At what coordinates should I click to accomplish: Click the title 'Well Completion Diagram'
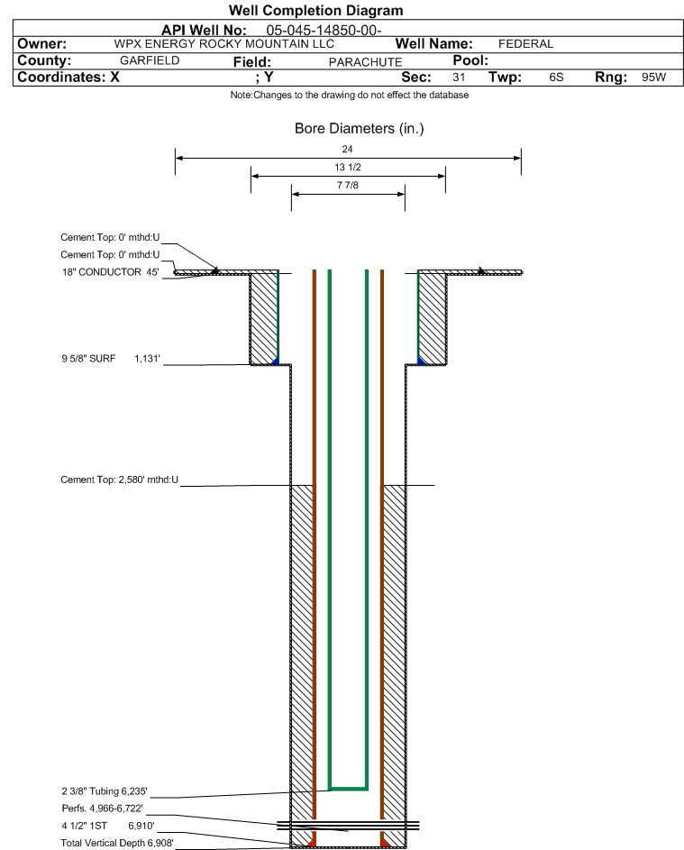pyautogui.click(x=315, y=10)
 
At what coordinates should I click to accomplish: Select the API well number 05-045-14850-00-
pyautogui.click(x=324, y=31)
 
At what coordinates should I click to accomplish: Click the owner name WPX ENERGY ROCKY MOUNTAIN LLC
pyautogui.click(x=223, y=44)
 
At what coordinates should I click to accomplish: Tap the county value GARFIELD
pyautogui.click(x=150, y=60)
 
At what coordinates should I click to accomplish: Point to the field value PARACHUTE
pyautogui.click(x=365, y=62)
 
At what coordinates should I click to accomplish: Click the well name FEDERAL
pyautogui.click(x=525, y=44)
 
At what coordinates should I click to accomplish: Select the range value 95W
pyautogui.click(x=653, y=77)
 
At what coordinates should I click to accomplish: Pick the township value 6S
pyautogui.click(x=556, y=77)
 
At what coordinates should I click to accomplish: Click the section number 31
pyautogui.click(x=459, y=77)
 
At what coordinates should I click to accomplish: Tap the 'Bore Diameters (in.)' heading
pyautogui.click(x=359, y=129)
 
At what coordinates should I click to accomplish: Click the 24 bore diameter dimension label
pyautogui.click(x=348, y=149)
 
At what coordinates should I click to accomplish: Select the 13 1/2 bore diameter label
pyautogui.click(x=348, y=168)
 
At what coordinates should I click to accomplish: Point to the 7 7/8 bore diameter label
pyautogui.click(x=348, y=186)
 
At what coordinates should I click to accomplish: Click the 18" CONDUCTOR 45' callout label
pyautogui.click(x=111, y=272)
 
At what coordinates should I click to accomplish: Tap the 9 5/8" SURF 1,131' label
pyautogui.click(x=111, y=359)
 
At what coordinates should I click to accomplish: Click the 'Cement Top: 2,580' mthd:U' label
pyautogui.click(x=119, y=480)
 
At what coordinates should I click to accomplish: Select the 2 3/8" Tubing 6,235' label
pyautogui.click(x=104, y=791)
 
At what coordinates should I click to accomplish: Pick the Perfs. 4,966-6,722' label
pyautogui.click(x=102, y=809)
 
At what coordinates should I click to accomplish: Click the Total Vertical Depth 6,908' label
pyautogui.click(x=117, y=843)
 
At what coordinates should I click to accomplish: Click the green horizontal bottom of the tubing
pyautogui.click(x=349, y=788)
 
